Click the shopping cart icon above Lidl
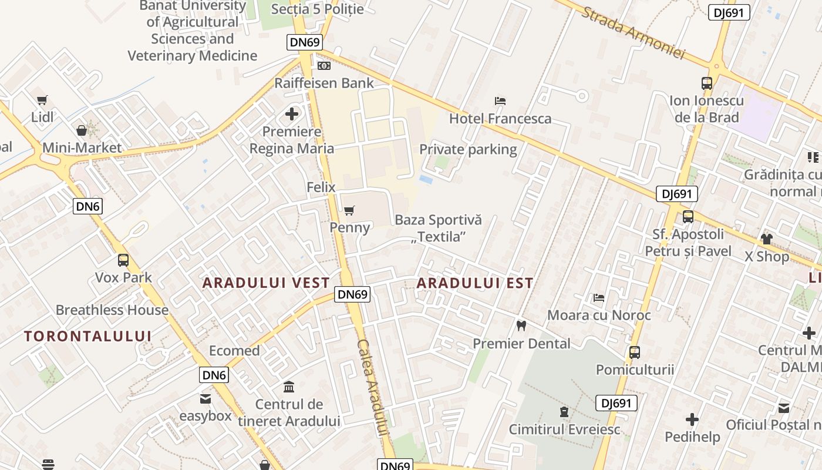pyautogui.click(x=42, y=100)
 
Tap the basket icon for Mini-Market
pyautogui.click(x=82, y=130)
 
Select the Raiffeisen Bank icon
pyautogui.click(x=324, y=66)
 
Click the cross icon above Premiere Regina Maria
pyautogui.click(x=292, y=114)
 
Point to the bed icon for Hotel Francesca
pyautogui.click(x=500, y=101)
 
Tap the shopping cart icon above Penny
pyautogui.click(x=349, y=210)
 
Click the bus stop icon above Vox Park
pyautogui.click(x=123, y=260)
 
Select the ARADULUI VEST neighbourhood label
pyautogui.click(x=266, y=283)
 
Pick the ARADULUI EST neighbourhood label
pyautogui.click(x=475, y=283)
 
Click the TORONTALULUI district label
pyautogui.click(x=88, y=336)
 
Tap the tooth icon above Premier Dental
pyautogui.click(x=521, y=325)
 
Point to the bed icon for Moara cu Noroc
pyautogui.click(x=599, y=298)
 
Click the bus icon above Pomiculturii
pyautogui.click(x=634, y=352)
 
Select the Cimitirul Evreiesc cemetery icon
pyautogui.click(x=564, y=412)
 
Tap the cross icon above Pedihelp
pyautogui.click(x=692, y=419)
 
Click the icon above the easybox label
pyautogui.click(x=206, y=399)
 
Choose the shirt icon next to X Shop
pyautogui.click(x=766, y=239)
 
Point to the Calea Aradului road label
pyautogui.click(x=372, y=388)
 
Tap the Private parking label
pyautogui.click(x=468, y=149)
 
